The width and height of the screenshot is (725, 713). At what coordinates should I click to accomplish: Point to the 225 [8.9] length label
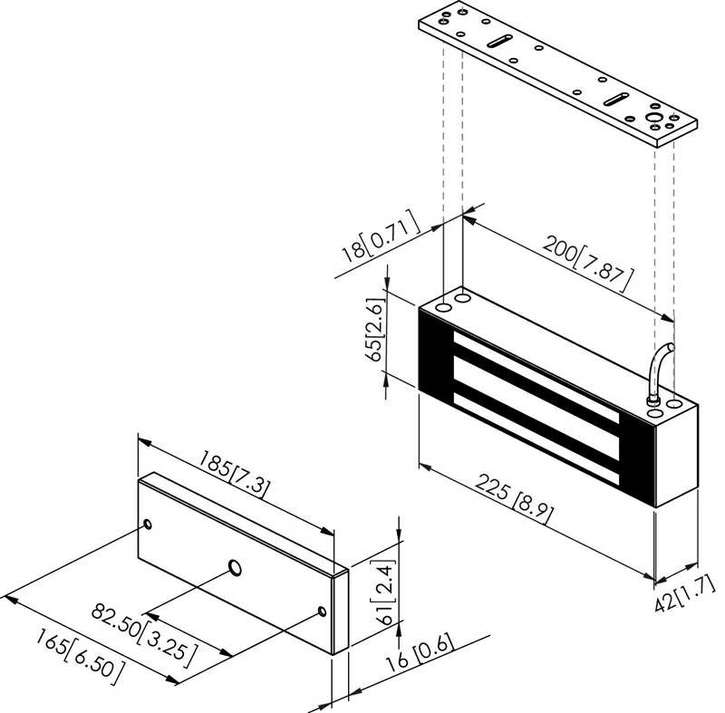(515, 497)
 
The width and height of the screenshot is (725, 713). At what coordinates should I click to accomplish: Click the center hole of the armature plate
(235, 568)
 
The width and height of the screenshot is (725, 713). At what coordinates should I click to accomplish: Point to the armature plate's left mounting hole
(147, 525)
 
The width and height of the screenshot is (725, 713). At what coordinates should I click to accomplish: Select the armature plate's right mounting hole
(324, 611)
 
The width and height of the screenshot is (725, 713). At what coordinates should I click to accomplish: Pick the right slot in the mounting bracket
(615, 97)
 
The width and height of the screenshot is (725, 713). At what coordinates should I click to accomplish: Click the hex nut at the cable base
(651, 400)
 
